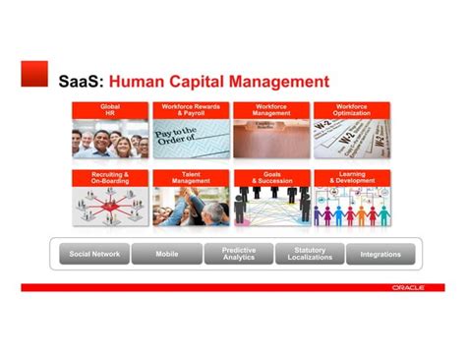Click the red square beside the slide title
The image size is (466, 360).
point(34,73)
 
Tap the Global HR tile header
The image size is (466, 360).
point(110,109)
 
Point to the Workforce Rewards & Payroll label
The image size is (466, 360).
point(191,109)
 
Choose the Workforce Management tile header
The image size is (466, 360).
point(271,109)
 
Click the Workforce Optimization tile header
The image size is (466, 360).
point(352,109)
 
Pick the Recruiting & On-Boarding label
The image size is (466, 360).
point(110,177)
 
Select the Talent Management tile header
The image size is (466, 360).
point(191,177)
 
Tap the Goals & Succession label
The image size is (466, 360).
point(271,177)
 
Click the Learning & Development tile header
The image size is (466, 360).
point(352,177)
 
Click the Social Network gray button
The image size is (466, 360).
point(94,255)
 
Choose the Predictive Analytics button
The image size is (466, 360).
point(239,255)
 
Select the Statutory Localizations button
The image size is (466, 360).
point(310,255)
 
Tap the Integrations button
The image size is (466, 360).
point(380,255)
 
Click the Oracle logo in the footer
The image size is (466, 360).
point(408,287)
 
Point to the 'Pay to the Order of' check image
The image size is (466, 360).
point(191,139)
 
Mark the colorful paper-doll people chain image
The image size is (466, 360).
point(352,209)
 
